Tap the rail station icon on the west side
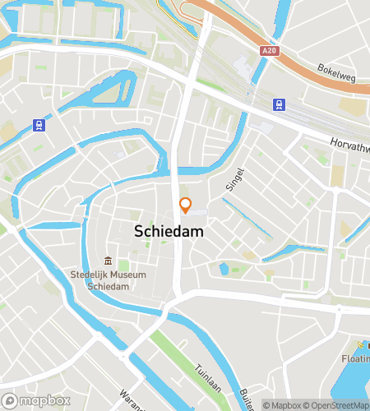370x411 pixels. click(x=38, y=125)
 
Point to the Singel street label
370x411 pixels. click(x=237, y=178)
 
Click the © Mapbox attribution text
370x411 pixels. click(x=282, y=404)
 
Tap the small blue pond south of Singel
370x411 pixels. click(x=223, y=268)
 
